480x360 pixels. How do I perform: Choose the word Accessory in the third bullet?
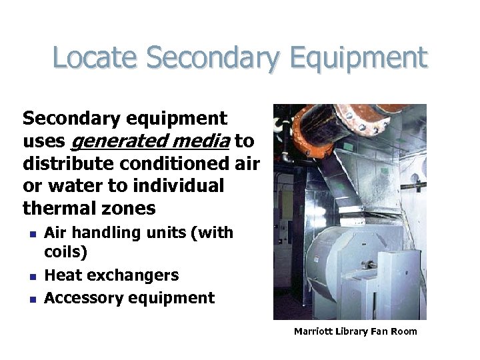point(81,298)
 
